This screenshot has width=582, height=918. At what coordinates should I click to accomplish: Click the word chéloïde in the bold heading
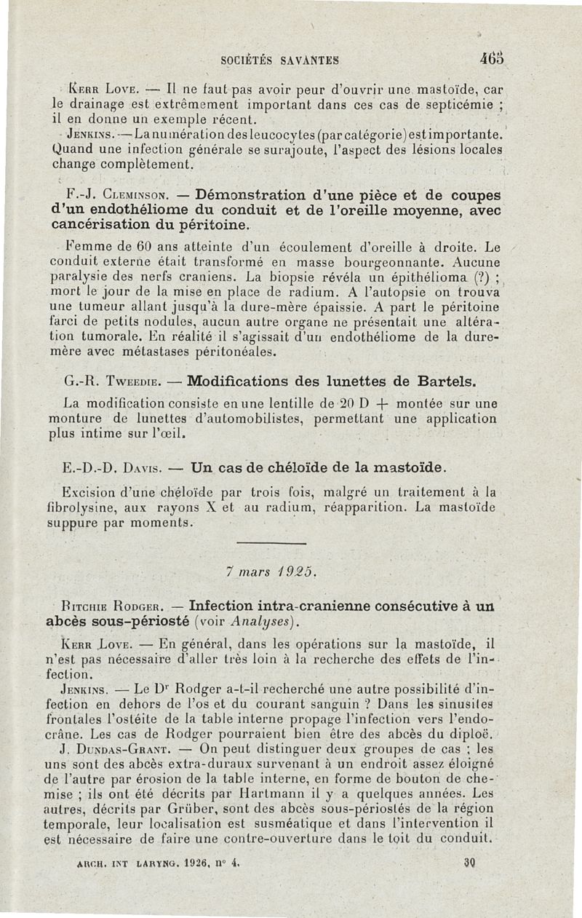click(x=287, y=466)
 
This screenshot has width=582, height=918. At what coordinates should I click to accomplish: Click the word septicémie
click(x=451, y=106)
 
